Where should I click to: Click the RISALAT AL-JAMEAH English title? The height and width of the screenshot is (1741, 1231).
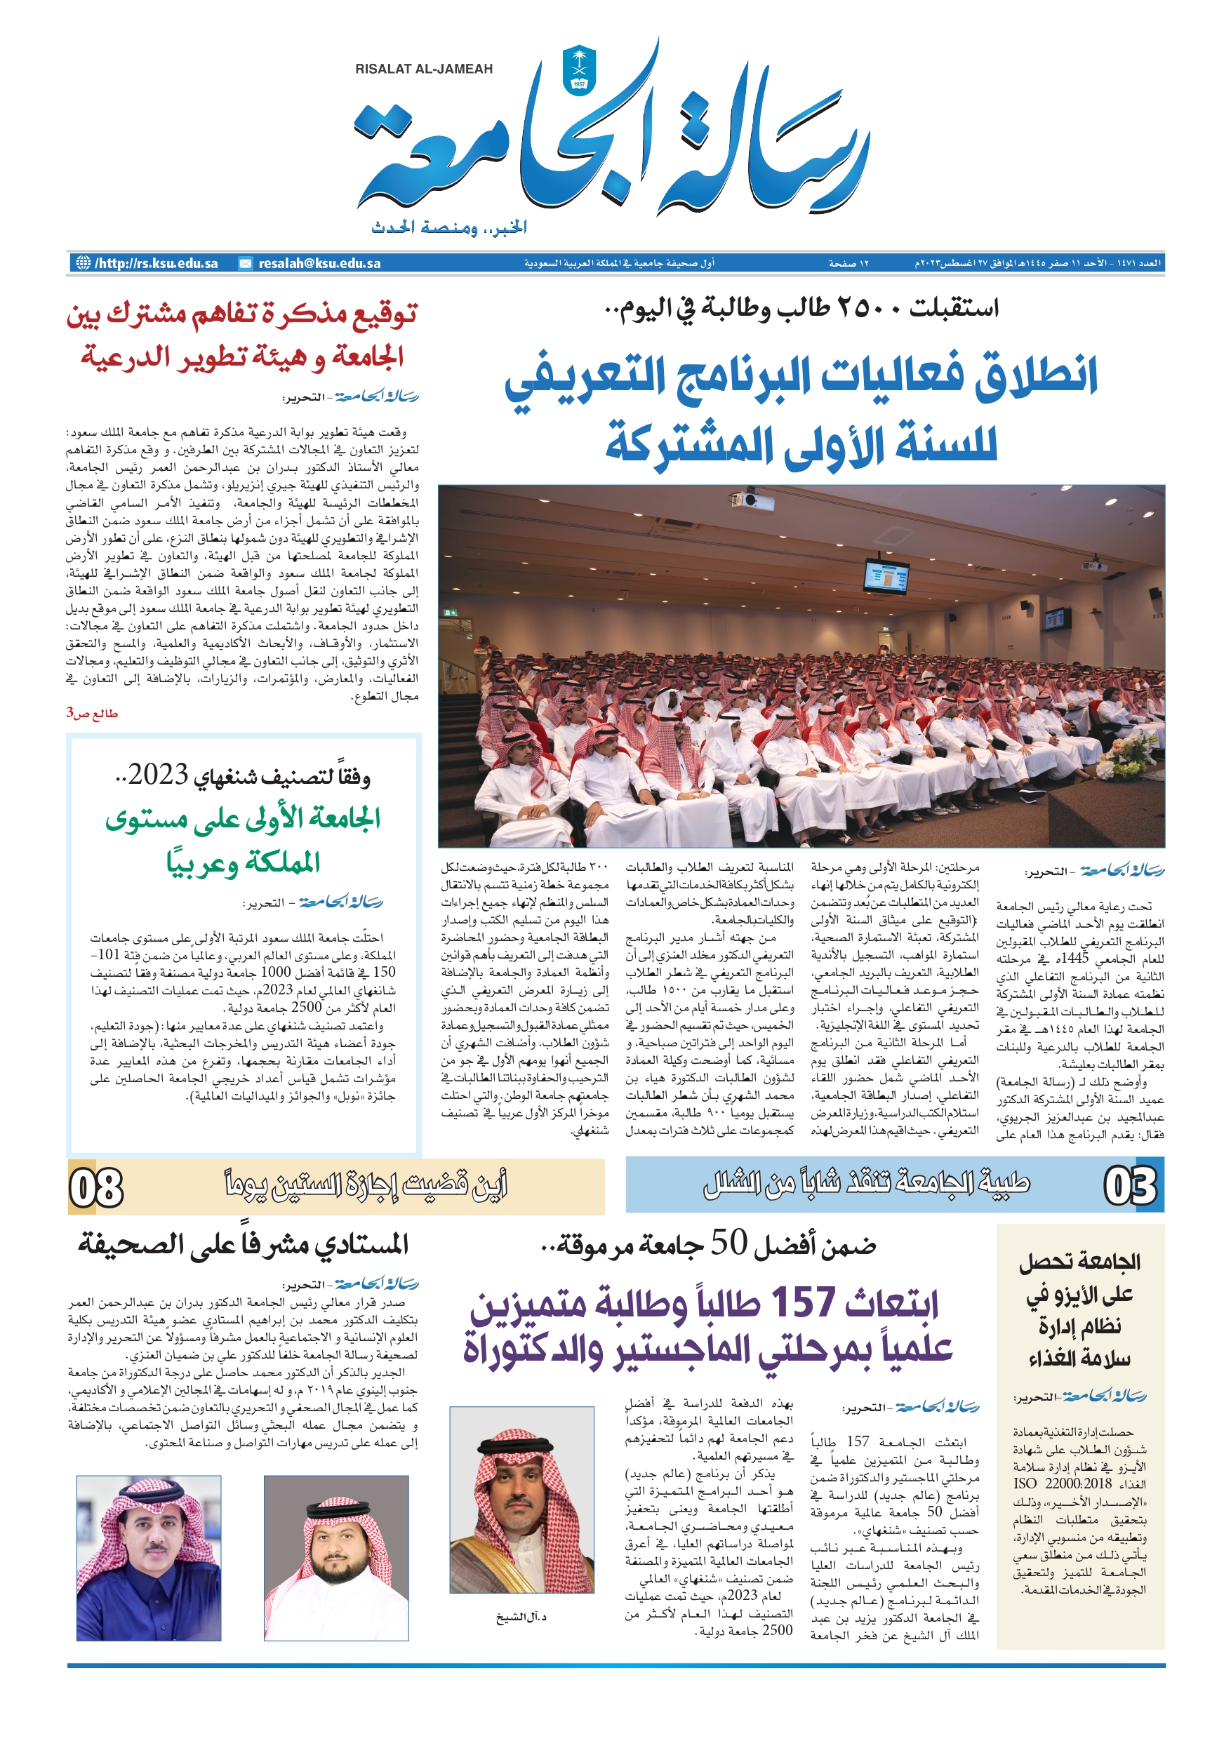coord(423,69)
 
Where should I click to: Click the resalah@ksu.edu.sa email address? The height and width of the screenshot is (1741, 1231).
coord(319,264)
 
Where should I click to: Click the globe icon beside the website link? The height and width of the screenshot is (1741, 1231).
coord(83,263)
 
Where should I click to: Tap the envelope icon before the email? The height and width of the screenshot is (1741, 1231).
coord(246,264)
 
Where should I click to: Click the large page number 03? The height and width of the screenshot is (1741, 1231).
coord(1129,1186)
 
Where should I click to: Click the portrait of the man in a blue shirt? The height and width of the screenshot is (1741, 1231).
coord(149,1559)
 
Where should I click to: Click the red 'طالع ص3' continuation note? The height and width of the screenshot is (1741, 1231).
coord(92,714)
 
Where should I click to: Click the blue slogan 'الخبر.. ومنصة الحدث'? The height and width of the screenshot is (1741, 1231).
coord(449,227)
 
